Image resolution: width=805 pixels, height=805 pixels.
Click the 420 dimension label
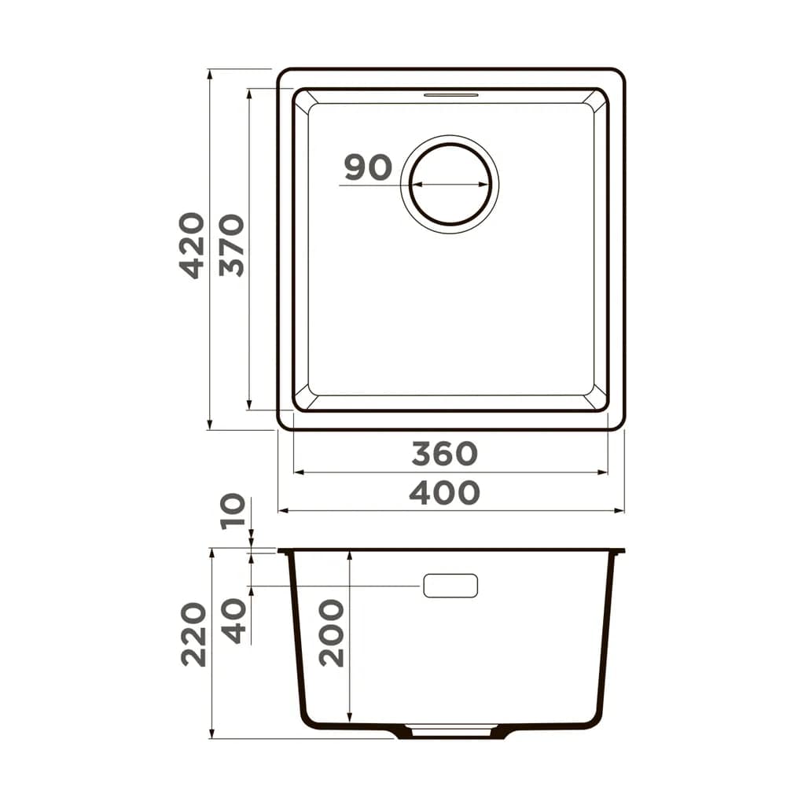pyautogui.click(x=193, y=245)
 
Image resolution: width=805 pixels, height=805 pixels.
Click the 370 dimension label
pyautogui.click(x=232, y=245)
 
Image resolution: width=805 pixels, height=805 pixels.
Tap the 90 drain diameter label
pyautogui.click(x=368, y=167)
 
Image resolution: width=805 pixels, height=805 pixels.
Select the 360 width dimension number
pyautogui.click(x=444, y=454)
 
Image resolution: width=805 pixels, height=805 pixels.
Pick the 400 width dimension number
pyautogui.click(x=444, y=493)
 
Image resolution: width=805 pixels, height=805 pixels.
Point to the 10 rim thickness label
pyautogui.click(x=233, y=512)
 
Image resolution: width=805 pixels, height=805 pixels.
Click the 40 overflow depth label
pyautogui.click(x=233, y=620)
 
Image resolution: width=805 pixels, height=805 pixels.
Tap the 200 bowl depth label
pyautogui.click(x=331, y=633)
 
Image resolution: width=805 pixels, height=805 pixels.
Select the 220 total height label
pyautogui.click(x=193, y=634)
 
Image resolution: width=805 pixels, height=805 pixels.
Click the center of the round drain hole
pyautogui.click(x=450, y=185)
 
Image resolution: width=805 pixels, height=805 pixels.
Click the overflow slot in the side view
pyautogui.click(x=450, y=586)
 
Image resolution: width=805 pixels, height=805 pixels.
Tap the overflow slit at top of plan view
pyautogui.click(x=450, y=95)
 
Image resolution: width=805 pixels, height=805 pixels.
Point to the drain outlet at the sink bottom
pyautogui.click(x=450, y=730)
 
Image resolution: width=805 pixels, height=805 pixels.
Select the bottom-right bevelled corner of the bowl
pyautogui.click(x=599, y=401)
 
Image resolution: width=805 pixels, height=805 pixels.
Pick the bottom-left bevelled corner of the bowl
pyautogui.click(x=302, y=401)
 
